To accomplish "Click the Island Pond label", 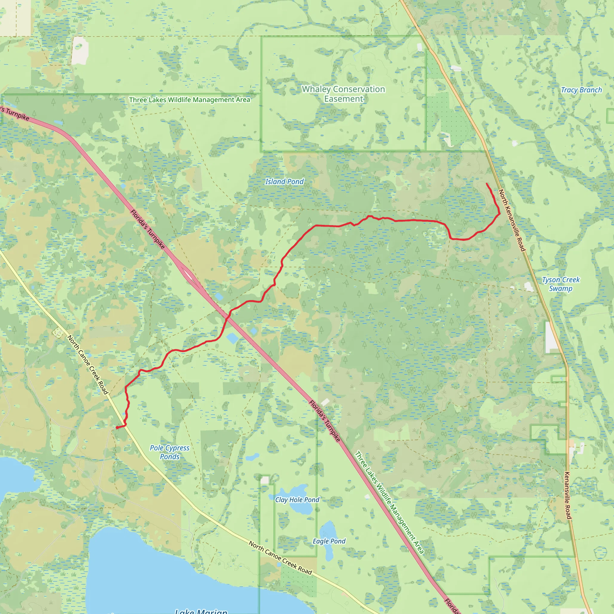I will (x=285, y=181).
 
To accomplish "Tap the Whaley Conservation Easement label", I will (x=343, y=94).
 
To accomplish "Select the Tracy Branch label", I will (x=581, y=90).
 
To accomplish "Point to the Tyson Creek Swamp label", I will (x=561, y=284).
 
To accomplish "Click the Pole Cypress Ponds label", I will (x=170, y=452).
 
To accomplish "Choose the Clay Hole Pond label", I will (x=297, y=499).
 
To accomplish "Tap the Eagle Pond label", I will (x=329, y=541).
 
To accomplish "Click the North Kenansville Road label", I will (x=512, y=220).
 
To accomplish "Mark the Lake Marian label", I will (x=201, y=611).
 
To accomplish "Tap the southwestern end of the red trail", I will (x=117, y=428).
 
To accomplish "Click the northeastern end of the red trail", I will (x=487, y=183).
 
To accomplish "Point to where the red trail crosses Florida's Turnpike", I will (x=227, y=318).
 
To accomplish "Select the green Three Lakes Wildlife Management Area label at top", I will (x=189, y=100).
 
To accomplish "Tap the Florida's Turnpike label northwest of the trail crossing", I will (x=148, y=229).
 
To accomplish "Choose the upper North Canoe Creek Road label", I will (x=88, y=365).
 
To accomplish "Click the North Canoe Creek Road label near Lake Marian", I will (x=280, y=558).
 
